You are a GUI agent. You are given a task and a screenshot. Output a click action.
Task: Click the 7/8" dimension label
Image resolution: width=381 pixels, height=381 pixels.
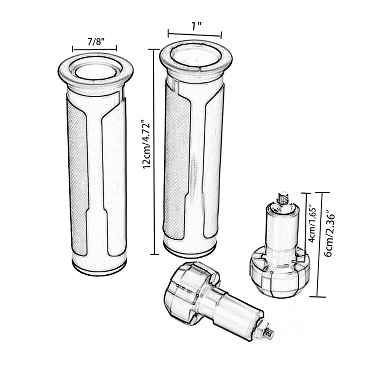tap(96, 42)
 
